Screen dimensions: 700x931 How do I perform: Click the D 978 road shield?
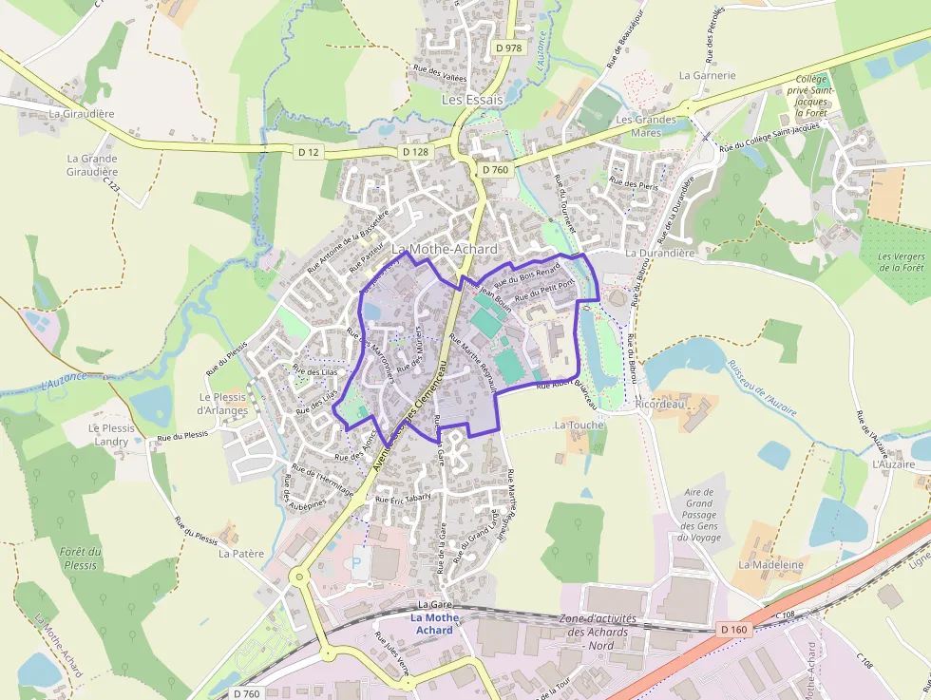509,47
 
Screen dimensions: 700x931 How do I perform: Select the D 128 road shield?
415,152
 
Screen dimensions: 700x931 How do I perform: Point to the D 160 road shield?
734,629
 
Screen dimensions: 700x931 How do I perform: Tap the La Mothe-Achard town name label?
445,249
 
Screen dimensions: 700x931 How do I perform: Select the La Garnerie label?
708,75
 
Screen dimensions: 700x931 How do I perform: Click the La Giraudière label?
82,113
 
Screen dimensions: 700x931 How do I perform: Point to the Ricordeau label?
660,403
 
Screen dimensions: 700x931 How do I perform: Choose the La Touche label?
579,425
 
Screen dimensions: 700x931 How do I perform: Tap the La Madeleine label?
771,564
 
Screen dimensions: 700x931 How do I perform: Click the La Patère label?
241,552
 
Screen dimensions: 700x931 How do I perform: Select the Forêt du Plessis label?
81,558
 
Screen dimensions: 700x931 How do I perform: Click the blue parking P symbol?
357,562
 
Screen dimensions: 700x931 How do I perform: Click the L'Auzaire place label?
893,464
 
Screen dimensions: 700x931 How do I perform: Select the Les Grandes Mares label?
646,125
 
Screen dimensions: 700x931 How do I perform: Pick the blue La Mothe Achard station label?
434,624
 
